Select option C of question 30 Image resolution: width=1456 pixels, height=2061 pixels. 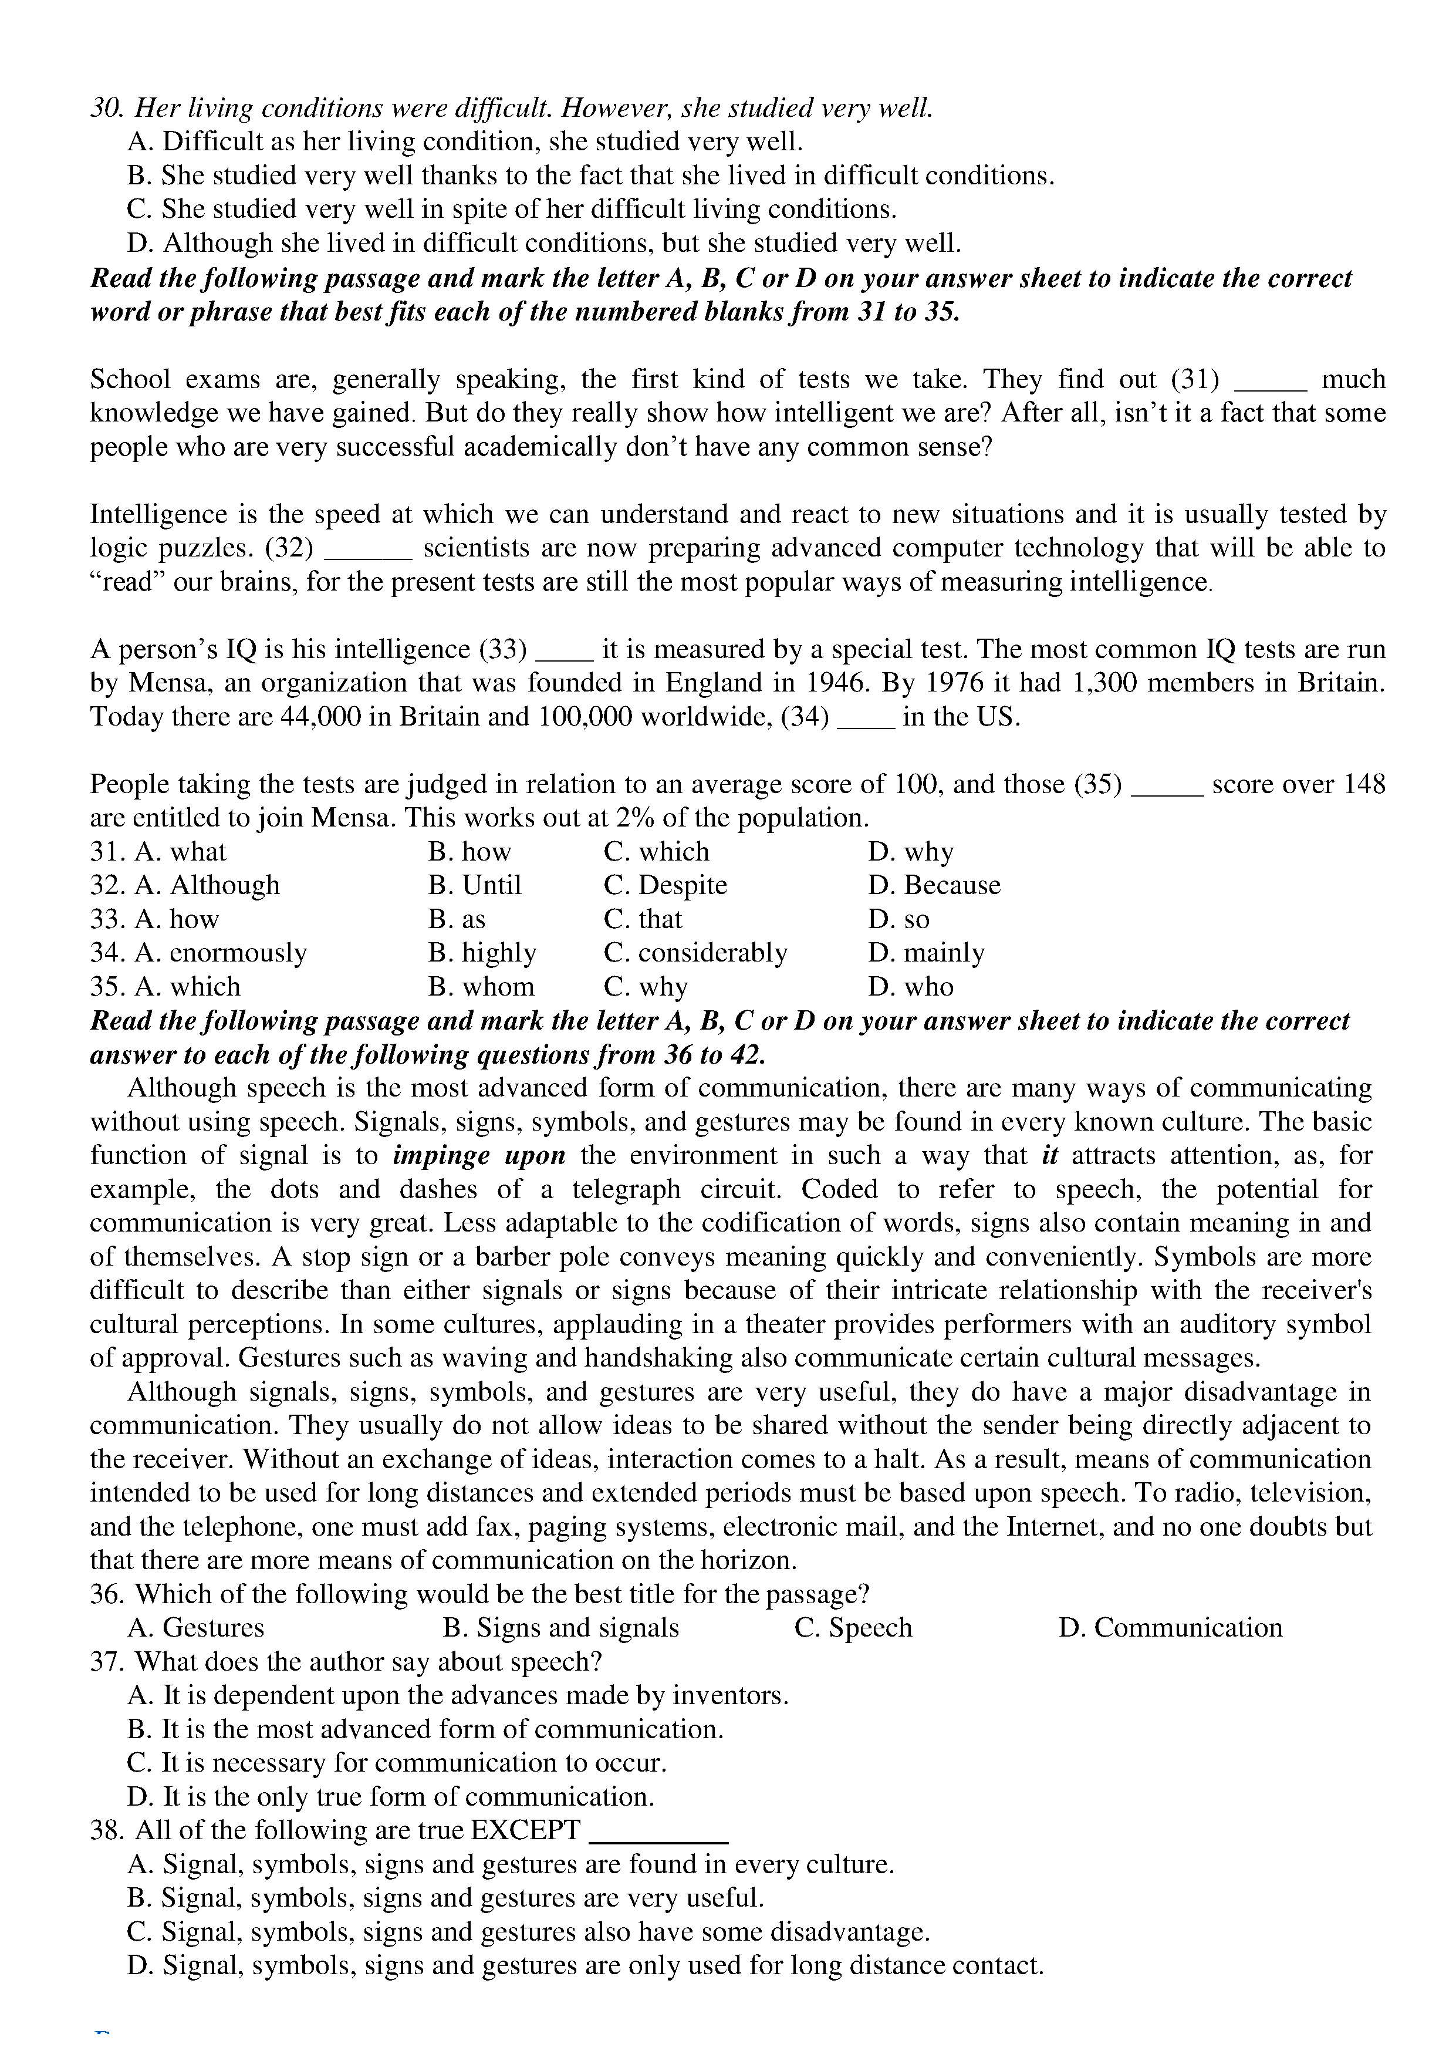tap(512, 209)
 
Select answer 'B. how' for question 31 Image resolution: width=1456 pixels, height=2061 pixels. tap(469, 852)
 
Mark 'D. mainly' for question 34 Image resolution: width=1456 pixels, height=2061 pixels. tap(927, 953)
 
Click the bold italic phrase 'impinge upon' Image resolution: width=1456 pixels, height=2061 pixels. tap(479, 1156)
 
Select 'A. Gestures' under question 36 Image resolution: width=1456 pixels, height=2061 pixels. tap(197, 1628)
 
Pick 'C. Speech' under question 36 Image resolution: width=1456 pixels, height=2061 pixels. tap(853, 1628)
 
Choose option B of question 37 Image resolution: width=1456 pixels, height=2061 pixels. tap(425, 1730)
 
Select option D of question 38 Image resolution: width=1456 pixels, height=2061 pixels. tap(585, 1966)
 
